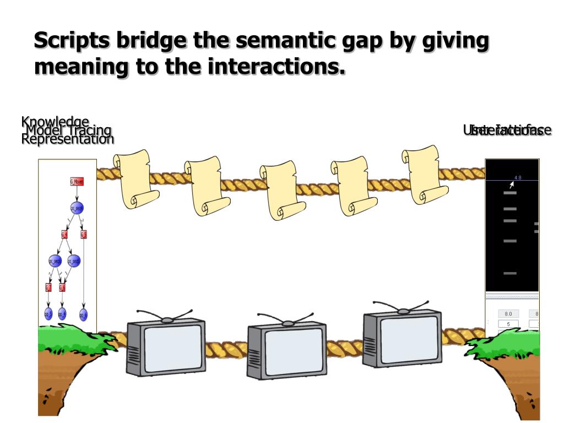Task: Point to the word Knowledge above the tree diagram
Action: pyautogui.click(x=55, y=122)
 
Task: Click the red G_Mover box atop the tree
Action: pyautogui.click(x=77, y=182)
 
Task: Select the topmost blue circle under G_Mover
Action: pyautogui.click(x=77, y=208)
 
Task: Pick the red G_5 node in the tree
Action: pyautogui.click(x=83, y=235)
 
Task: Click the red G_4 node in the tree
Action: pyautogui.click(x=64, y=235)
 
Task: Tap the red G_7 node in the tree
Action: pyautogui.click(x=48, y=287)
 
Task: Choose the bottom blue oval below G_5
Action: pyautogui.click(x=83, y=314)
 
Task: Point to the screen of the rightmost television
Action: pyautogui.click(x=409, y=339)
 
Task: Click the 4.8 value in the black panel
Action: pyautogui.click(x=518, y=177)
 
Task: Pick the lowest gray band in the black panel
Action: pyautogui.click(x=510, y=273)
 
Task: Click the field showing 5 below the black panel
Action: pyautogui.click(x=508, y=324)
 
